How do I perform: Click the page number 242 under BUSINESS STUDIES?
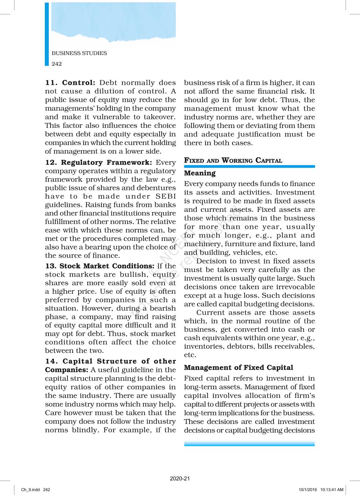57,64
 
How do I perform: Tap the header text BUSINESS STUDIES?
79,53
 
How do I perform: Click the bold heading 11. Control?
70,83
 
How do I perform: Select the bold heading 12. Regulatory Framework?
99,163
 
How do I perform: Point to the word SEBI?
166,196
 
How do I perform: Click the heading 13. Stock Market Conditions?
100,266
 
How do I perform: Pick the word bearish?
163,308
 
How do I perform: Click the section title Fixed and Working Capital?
233,160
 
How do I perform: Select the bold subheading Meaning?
200,173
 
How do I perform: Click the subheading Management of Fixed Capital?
238,368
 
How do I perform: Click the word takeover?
158,117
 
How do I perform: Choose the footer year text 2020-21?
180,479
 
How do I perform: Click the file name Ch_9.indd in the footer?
30,490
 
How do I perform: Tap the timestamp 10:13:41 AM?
332,490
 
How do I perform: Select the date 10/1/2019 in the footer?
308,490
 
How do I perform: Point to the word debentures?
156,188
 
